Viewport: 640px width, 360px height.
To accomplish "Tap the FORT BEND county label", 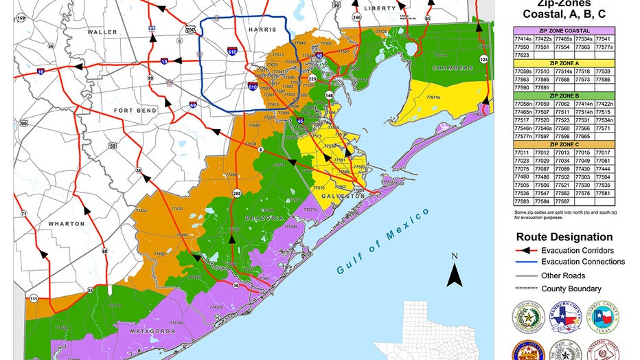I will pos(137,111).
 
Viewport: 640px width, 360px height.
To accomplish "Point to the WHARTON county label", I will pos(67,224).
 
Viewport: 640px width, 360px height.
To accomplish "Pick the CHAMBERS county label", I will pos(453,69).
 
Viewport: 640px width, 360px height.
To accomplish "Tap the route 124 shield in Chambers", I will pos(484,60).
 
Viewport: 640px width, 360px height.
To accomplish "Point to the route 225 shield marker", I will pos(312,79).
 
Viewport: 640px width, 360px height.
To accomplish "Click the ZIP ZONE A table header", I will pos(564,63).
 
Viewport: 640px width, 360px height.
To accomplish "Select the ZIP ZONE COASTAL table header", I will pos(564,30).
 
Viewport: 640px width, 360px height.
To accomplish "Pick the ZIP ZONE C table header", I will pos(564,144).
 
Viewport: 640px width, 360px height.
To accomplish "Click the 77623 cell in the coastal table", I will pos(523,54).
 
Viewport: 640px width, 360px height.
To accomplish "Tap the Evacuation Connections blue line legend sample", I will pos(525,262).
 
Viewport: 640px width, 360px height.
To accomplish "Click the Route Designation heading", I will pos(564,237).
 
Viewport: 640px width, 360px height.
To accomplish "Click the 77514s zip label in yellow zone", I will pos(433,98).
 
